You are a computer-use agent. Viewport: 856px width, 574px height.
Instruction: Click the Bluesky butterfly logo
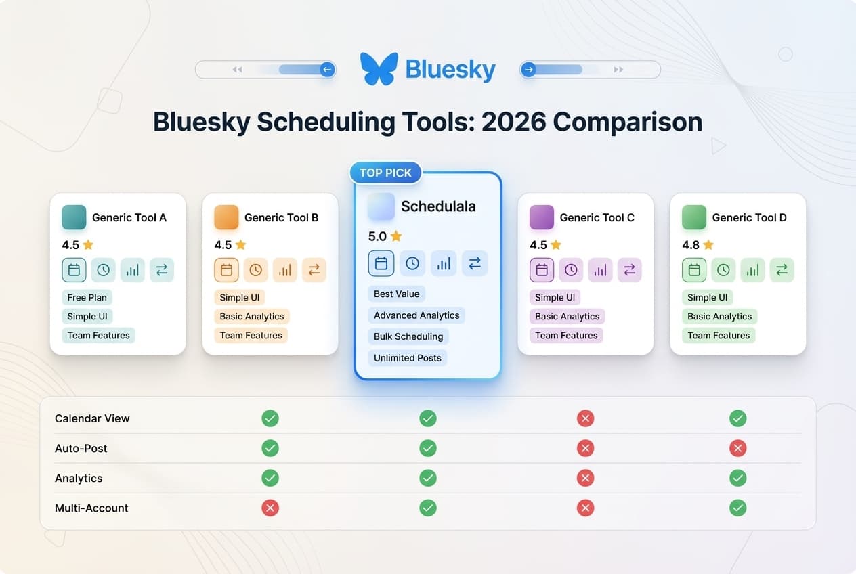pos(379,69)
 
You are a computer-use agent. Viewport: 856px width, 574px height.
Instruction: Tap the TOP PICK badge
pos(385,173)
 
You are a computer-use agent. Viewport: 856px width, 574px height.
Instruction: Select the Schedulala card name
pos(438,206)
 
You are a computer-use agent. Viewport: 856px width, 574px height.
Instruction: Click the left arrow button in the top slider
pos(327,70)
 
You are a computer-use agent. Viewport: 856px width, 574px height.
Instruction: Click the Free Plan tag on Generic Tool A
pos(87,297)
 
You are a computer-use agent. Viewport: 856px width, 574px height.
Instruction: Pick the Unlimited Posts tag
pos(408,358)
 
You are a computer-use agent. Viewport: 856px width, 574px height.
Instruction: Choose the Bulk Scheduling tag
pos(408,336)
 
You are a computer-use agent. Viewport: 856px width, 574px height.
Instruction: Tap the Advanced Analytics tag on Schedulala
pos(416,315)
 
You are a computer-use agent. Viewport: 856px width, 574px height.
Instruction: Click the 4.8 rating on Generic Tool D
pos(691,245)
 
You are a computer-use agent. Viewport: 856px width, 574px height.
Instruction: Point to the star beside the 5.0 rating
pos(396,236)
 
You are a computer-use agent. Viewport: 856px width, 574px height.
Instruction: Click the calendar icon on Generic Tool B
pos(227,270)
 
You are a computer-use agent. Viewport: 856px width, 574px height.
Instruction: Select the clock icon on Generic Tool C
pos(571,270)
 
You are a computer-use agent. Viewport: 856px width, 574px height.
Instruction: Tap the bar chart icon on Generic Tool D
pos(752,270)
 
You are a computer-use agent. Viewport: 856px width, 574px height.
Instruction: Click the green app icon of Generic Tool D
pos(694,217)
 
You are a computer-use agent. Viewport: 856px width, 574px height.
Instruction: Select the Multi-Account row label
pos(91,508)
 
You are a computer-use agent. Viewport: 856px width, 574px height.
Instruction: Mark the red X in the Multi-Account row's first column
pos(270,508)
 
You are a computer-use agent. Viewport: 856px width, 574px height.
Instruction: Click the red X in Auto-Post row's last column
pos(738,448)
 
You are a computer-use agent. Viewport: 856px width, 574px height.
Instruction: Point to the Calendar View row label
pos(92,418)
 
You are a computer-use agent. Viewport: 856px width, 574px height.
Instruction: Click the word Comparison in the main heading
pos(628,122)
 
